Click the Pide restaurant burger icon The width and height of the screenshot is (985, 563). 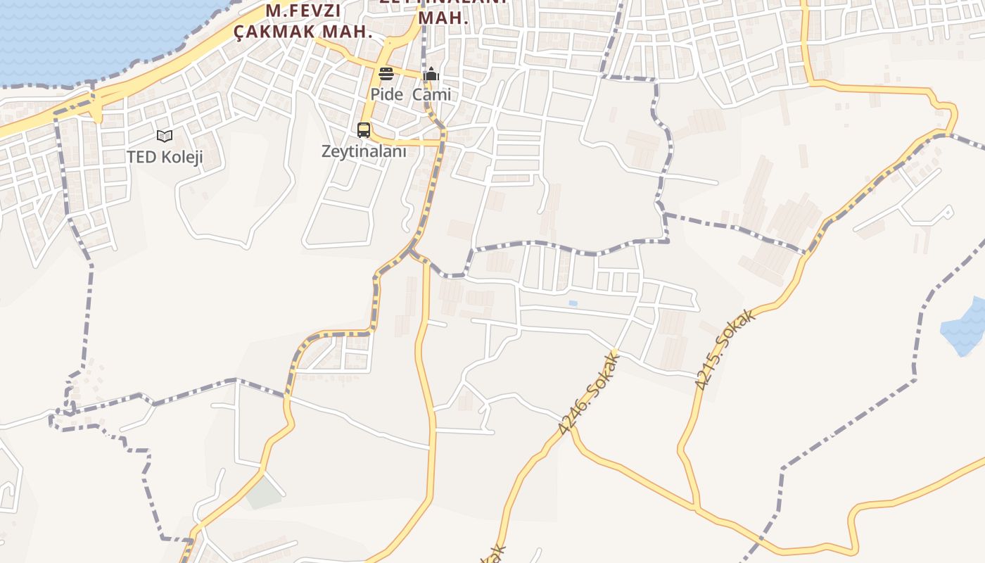click(x=386, y=74)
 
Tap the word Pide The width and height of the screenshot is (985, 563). click(x=387, y=94)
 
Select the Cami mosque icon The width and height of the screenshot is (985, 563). click(x=431, y=74)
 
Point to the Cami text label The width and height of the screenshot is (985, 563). click(x=431, y=94)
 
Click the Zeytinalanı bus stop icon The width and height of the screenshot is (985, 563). click(x=363, y=130)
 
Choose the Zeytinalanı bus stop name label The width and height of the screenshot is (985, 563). click(x=364, y=151)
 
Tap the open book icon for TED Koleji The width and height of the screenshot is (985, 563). click(x=165, y=136)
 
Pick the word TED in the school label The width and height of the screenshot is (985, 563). click(x=141, y=157)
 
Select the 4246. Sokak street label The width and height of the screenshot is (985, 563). click(x=590, y=393)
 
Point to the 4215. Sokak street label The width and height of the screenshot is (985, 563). click(x=725, y=349)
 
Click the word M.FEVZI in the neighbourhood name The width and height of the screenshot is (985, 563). click(x=303, y=11)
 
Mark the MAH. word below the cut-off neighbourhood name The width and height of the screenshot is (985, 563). click(x=443, y=18)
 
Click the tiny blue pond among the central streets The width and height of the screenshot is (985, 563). click(x=573, y=303)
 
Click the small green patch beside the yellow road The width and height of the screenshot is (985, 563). click(x=264, y=494)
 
